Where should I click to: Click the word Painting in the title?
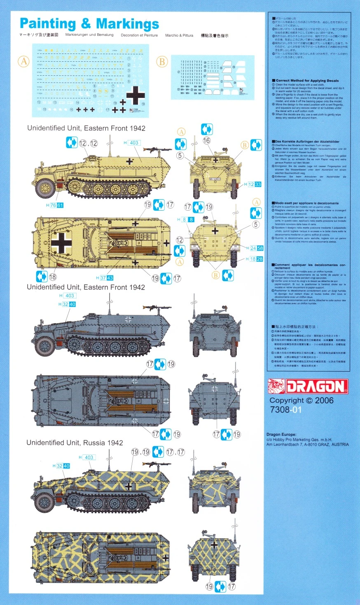pyautogui.click(x=47, y=24)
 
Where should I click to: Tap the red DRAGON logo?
pyautogui.click(x=308, y=386)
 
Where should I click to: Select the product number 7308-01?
pyautogui.click(x=286, y=410)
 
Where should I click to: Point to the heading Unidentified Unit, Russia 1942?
pyautogui.click(x=75, y=443)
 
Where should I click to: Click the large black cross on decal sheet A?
pyautogui.click(x=136, y=95)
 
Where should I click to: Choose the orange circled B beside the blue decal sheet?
pyautogui.click(x=162, y=62)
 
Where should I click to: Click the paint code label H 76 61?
pyautogui.click(x=55, y=205)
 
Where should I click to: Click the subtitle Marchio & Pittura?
pyautogui.click(x=179, y=35)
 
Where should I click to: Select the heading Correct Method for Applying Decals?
pyautogui.click(x=307, y=81)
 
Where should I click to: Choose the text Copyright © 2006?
pyautogui.click(x=302, y=400)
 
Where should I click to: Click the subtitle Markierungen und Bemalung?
pyautogui.click(x=89, y=35)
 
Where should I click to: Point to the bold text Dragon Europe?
pyautogui.click(x=281, y=435)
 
